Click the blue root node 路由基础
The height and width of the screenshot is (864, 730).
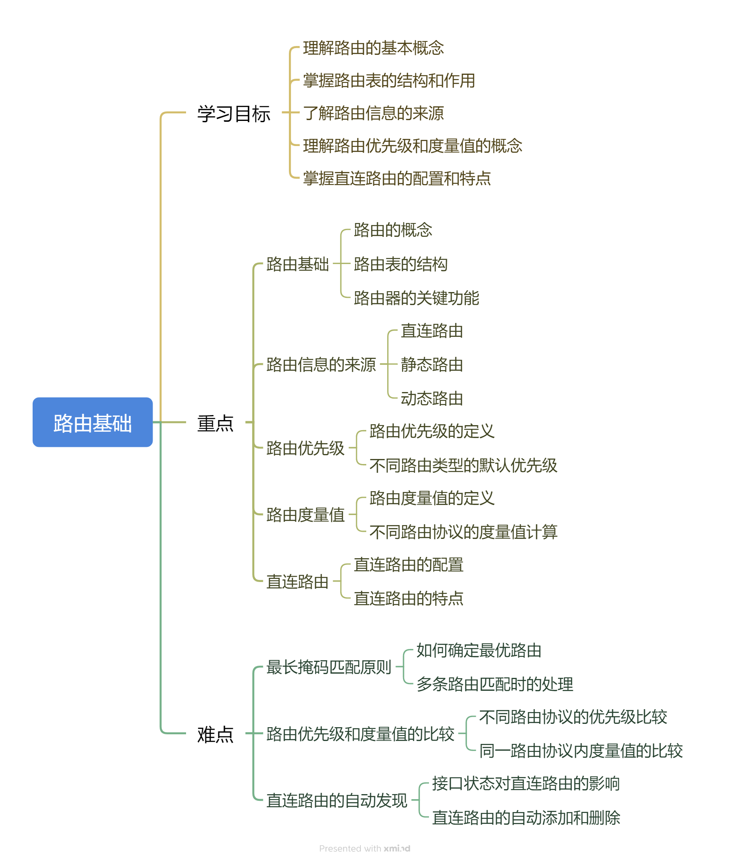pyautogui.click(x=92, y=423)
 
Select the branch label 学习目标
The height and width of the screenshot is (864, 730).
pyautogui.click(x=234, y=114)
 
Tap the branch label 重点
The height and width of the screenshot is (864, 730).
pyautogui.click(x=215, y=423)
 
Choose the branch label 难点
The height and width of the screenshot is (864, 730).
pyautogui.click(x=215, y=735)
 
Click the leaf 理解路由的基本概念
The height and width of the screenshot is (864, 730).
pyautogui.click(x=373, y=48)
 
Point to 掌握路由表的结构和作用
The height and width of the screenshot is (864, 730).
pyautogui.click(x=389, y=81)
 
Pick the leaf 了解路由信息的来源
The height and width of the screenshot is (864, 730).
pyautogui.click(x=373, y=113)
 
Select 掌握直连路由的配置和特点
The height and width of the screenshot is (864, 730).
pyautogui.click(x=397, y=179)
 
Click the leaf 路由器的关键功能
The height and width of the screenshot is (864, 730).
pyautogui.click(x=416, y=298)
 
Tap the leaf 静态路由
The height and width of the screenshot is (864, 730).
pyautogui.click(x=432, y=365)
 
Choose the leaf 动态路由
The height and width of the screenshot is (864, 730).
pyautogui.click(x=432, y=399)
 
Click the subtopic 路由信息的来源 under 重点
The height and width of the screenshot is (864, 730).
pyautogui.click(x=321, y=365)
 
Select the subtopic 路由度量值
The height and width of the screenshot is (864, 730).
pyautogui.click(x=305, y=515)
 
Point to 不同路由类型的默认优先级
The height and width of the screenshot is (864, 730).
pyautogui.click(x=463, y=466)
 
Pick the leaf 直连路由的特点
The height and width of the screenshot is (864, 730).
pyautogui.click(x=408, y=599)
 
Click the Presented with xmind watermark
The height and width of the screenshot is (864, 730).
pyautogui.click(x=365, y=849)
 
